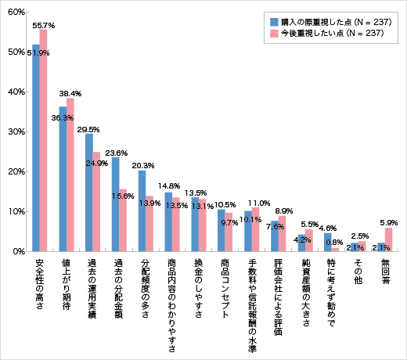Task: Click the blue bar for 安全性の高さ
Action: [x=36, y=148]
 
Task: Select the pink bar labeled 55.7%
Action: [x=44, y=141]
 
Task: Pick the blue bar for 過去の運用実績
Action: [x=89, y=193]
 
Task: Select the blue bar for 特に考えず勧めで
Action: [x=328, y=242]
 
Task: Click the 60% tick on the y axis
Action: [x=16, y=13]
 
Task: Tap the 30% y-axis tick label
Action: [x=16, y=131]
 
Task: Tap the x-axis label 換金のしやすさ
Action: [x=199, y=286]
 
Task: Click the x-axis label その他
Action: [x=358, y=270]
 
